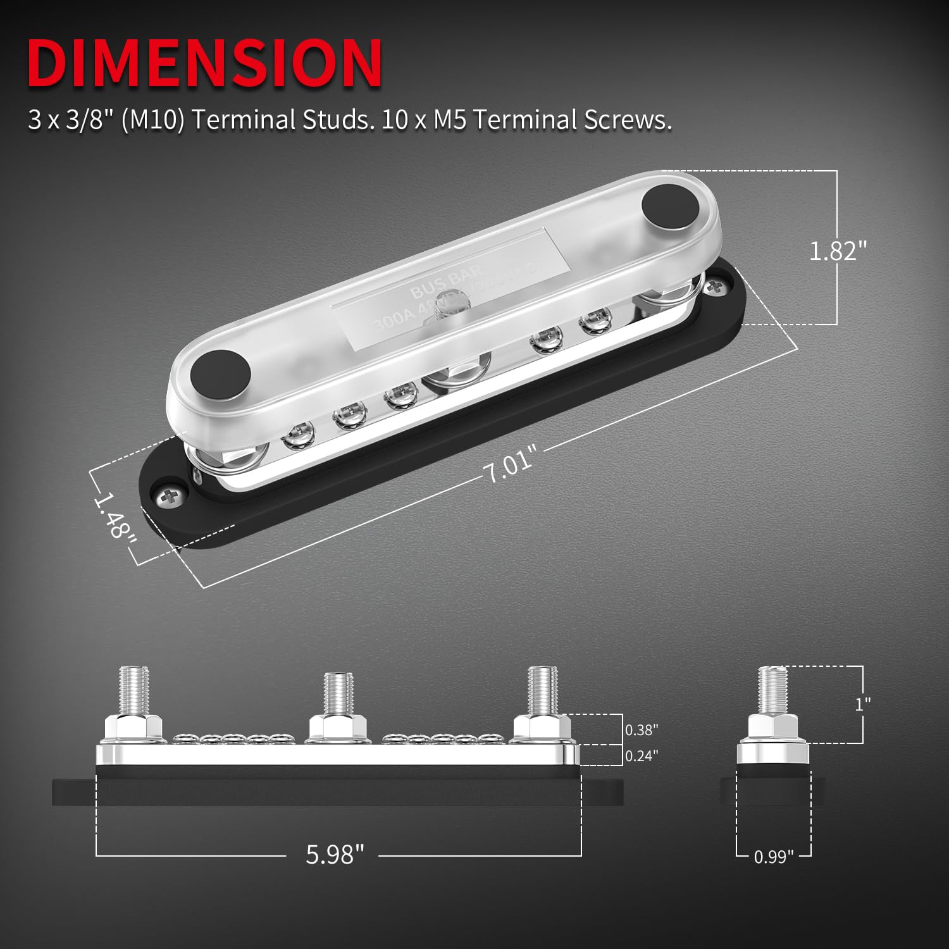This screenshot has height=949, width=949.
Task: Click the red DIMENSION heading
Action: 204,63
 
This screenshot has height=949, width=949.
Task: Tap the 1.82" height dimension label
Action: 837,251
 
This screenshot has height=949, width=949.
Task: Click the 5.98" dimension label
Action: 335,854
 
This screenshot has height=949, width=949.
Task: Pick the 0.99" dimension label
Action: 773,857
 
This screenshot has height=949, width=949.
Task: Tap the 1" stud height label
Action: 862,704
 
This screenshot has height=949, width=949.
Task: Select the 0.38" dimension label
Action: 642,729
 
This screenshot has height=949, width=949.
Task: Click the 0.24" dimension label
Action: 642,755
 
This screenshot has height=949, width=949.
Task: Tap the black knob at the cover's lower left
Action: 220,373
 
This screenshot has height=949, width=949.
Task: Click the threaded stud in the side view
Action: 772,690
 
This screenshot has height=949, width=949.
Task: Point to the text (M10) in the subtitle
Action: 152,120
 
